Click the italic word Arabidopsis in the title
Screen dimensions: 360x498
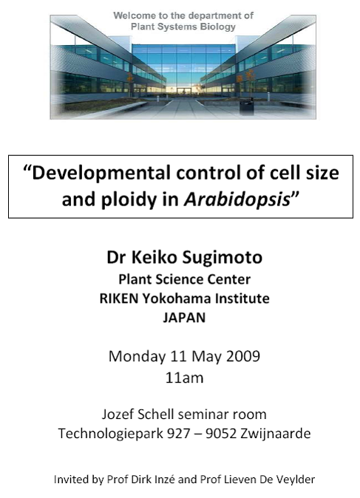[x=237, y=199]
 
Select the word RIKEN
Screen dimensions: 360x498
[x=119, y=299]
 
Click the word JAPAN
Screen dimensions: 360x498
[x=184, y=318]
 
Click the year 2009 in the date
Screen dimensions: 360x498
[x=243, y=356]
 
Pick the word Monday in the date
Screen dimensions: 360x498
[x=137, y=356]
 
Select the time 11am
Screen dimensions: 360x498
[x=184, y=378]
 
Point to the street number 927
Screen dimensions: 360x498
[x=179, y=433]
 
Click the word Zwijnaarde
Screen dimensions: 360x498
[x=275, y=434]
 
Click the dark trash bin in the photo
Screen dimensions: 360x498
[x=246, y=106]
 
